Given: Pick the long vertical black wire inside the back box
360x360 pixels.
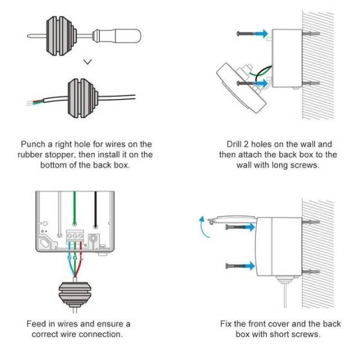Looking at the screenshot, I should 96,212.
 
